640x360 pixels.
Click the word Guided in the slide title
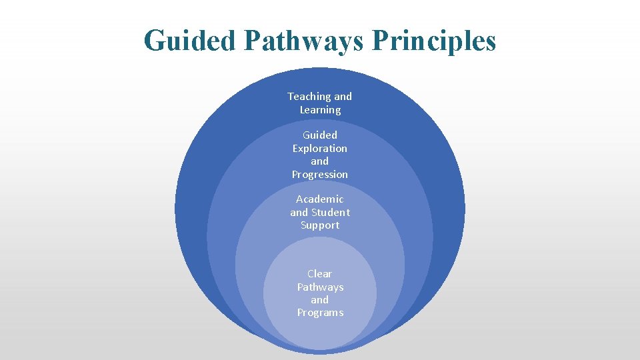tap(189, 41)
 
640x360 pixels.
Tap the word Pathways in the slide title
tap(303, 41)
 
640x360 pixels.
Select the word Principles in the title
tap(434, 41)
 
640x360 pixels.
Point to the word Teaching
tap(309, 97)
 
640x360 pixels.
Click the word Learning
tap(320, 110)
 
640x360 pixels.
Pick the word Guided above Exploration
tap(320, 135)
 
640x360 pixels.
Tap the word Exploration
tap(320, 149)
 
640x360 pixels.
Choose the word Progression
tap(320, 175)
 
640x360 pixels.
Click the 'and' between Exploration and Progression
tap(320, 161)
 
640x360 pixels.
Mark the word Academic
tap(320, 199)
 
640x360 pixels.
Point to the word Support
tap(320, 225)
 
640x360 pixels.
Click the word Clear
tap(320, 274)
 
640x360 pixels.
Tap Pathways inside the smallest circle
tap(320, 287)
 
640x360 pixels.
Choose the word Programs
tap(320, 313)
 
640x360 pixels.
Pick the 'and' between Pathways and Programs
tap(320, 300)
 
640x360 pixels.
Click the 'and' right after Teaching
tap(343, 97)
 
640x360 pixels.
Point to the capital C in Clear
tap(311, 274)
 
